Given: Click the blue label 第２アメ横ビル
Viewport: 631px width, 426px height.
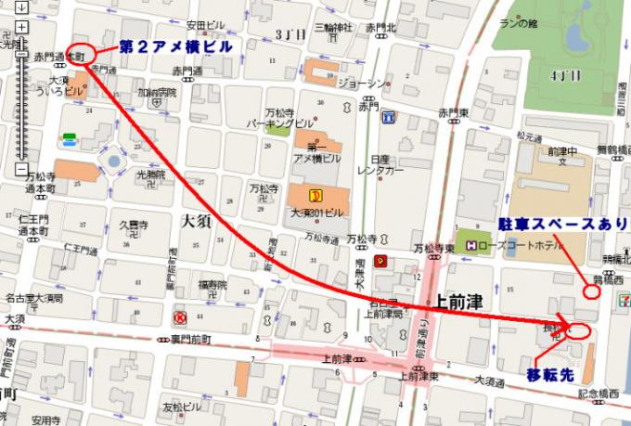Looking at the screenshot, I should tap(174, 46).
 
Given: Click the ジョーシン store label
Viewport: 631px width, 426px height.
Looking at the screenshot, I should tap(362, 84).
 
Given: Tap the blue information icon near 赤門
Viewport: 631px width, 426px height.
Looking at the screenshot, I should tap(389, 117).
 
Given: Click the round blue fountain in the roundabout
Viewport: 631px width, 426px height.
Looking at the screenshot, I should tap(115, 161).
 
